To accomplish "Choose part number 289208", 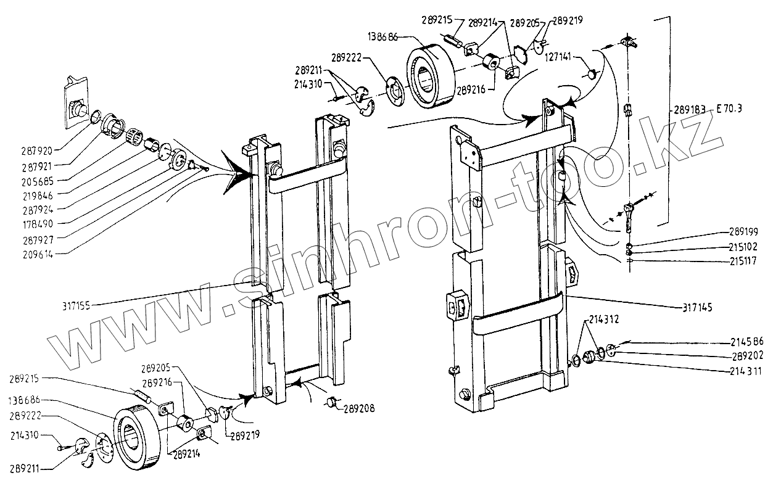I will (358, 408).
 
